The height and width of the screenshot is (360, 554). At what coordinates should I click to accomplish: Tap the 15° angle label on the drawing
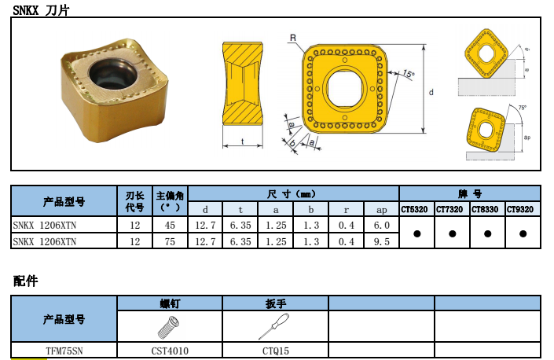coord(409,74)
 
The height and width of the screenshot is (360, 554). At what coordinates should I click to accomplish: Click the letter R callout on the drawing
coord(293,38)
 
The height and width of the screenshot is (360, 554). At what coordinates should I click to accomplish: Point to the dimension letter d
coord(431,92)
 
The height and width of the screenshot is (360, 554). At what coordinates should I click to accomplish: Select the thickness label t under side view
coord(242,141)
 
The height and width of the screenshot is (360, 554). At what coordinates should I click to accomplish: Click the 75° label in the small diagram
coord(523,108)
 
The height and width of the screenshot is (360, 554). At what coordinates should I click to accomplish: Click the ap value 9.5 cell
coord(382,241)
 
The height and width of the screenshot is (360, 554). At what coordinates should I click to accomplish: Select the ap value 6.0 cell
coord(382,225)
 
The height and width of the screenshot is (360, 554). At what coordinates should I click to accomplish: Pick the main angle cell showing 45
coord(170,225)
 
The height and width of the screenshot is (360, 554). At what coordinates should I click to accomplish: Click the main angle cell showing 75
coord(170,241)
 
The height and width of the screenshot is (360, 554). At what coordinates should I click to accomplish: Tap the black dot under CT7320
coord(453,233)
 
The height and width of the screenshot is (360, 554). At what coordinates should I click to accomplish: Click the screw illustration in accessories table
coord(169,327)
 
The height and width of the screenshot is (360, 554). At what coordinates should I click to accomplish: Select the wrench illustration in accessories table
coord(273,326)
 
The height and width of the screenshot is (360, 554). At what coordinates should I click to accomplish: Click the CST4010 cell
coord(170,351)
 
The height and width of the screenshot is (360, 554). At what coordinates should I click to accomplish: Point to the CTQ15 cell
coord(276,351)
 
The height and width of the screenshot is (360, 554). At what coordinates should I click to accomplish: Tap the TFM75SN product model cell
coord(64,351)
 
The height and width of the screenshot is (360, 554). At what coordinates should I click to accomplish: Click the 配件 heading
coord(25,281)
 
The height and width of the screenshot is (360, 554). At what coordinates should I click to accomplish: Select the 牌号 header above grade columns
coord(470,193)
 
